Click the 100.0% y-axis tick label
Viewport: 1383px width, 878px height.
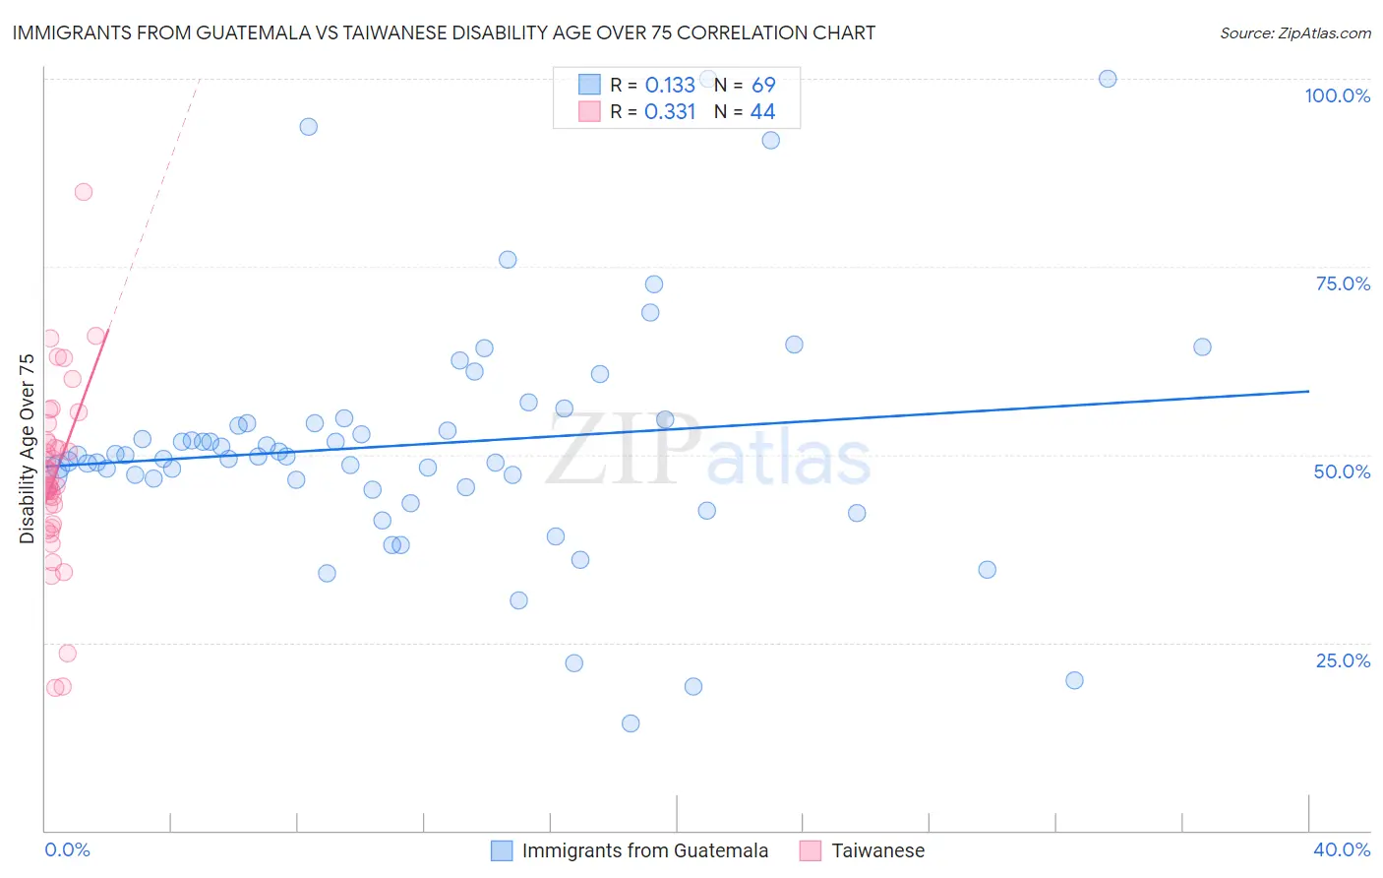tap(1337, 95)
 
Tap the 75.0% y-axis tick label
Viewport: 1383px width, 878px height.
tap(1343, 283)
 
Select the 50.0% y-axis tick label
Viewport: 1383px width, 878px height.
tap(1342, 471)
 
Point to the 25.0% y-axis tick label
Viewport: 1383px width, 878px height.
tap(1343, 660)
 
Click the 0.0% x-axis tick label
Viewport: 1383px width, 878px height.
tap(67, 849)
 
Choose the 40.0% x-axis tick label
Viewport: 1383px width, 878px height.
tap(1341, 849)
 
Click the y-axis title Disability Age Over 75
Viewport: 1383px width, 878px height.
tap(28, 449)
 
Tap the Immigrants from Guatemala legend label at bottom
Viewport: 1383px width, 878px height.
tap(644, 850)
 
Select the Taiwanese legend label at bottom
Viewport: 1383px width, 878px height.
tap(877, 850)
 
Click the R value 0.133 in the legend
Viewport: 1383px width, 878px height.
tap(670, 85)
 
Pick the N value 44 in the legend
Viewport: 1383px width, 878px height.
tap(762, 111)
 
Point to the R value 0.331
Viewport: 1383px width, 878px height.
tap(670, 111)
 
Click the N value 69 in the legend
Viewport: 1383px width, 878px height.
tap(763, 85)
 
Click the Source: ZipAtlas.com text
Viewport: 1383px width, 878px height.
tap(1294, 32)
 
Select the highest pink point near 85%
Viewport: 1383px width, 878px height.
tap(84, 192)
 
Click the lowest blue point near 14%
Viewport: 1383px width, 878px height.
tap(631, 723)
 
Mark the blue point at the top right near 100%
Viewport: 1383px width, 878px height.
tap(1108, 79)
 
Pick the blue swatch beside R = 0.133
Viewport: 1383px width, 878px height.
tap(589, 85)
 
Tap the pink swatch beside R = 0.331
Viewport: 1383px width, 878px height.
tap(589, 111)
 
